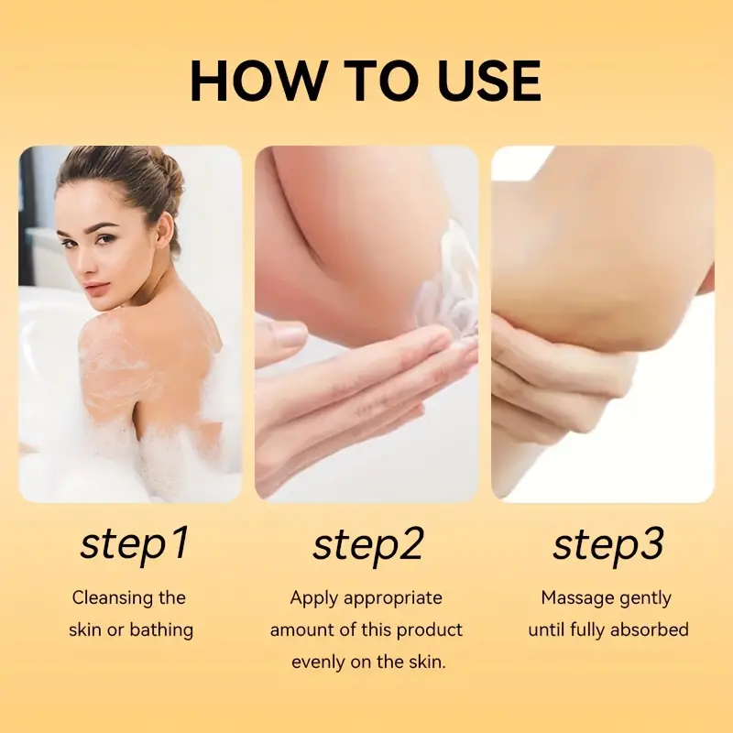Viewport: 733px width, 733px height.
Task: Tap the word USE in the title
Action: coord(489,80)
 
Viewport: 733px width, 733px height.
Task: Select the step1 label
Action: coord(134,544)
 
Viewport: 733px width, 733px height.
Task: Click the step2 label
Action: coord(367,544)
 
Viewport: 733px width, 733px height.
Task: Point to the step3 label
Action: coord(607,544)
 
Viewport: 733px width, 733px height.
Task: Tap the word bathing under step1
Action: coord(161,630)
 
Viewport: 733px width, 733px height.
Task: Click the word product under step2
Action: coord(430,630)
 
